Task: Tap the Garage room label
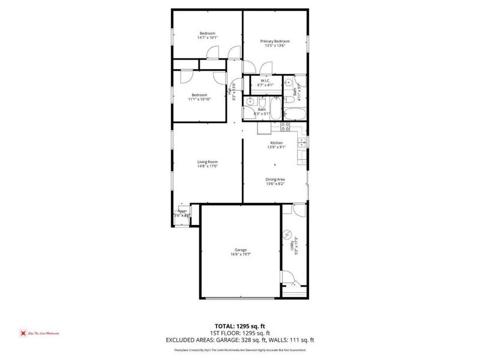click(x=241, y=250)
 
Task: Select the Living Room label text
click(x=208, y=161)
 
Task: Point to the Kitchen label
click(x=276, y=143)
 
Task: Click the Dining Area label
click(x=275, y=179)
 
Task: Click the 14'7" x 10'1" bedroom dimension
click(x=208, y=38)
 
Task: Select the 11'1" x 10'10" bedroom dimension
click(x=200, y=99)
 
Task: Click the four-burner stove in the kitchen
click(x=285, y=126)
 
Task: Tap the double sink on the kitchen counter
click(x=304, y=143)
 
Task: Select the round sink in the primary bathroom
click(x=289, y=82)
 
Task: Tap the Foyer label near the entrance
click(x=181, y=211)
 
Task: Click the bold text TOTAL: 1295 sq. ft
click(x=240, y=326)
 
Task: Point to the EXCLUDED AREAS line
click(x=240, y=340)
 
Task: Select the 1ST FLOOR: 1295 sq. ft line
click(x=240, y=333)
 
